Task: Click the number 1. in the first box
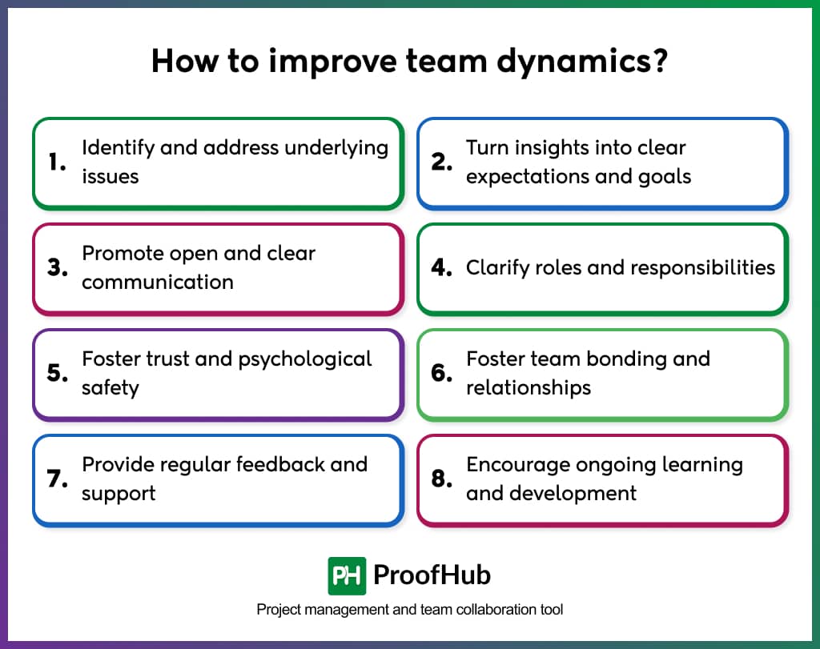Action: point(56,162)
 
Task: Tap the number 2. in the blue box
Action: point(442,162)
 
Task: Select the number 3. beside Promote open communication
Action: point(57,268)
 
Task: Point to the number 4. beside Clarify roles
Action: point(442,268)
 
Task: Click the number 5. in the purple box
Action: point(57,374)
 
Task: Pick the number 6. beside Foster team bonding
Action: point(442,374)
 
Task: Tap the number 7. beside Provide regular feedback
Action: point(57,479)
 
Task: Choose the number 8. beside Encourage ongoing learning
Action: point(442,479)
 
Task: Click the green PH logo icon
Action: point(347,575)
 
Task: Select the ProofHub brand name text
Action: point(432,575)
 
